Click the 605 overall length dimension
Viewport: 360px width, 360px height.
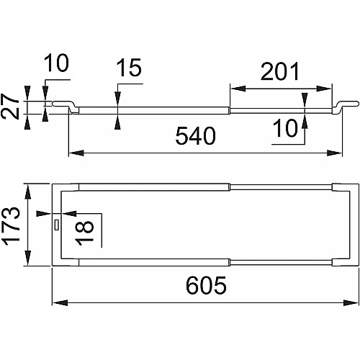(206, 285)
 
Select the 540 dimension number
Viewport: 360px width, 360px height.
(196, 136)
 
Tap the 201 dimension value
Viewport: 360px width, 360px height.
(280, 71)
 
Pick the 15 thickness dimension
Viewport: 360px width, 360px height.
(129, 68)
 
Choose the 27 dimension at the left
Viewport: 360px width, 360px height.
(10, 107)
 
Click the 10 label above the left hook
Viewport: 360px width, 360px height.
(56, 63)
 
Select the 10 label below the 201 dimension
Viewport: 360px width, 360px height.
(285, 128)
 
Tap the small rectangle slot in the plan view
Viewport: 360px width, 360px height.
(57, 225)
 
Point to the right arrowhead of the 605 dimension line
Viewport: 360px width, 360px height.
(351, 302)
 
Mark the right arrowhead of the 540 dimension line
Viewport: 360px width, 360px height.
(334, 153)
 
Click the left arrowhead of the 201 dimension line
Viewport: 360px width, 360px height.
(238, 89)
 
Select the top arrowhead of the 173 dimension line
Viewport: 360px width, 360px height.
(28, 192)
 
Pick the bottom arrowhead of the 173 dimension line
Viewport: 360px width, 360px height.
(28, 258)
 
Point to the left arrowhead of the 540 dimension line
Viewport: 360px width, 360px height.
(76, 153)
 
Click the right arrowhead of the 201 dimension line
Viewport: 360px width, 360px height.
(324, 89)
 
